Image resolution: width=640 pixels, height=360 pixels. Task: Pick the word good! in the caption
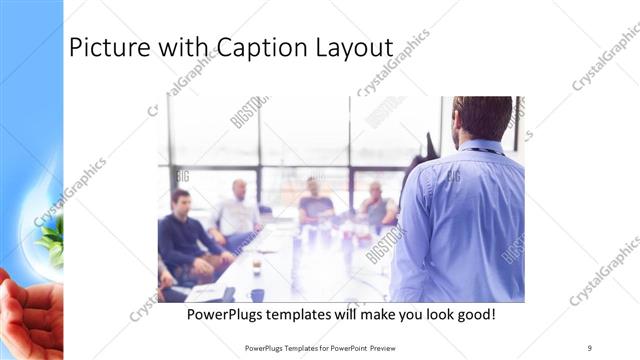[473, 315]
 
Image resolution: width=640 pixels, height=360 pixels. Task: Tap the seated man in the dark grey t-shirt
[315, 205]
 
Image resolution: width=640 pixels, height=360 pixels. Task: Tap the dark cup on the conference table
[257, 295]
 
